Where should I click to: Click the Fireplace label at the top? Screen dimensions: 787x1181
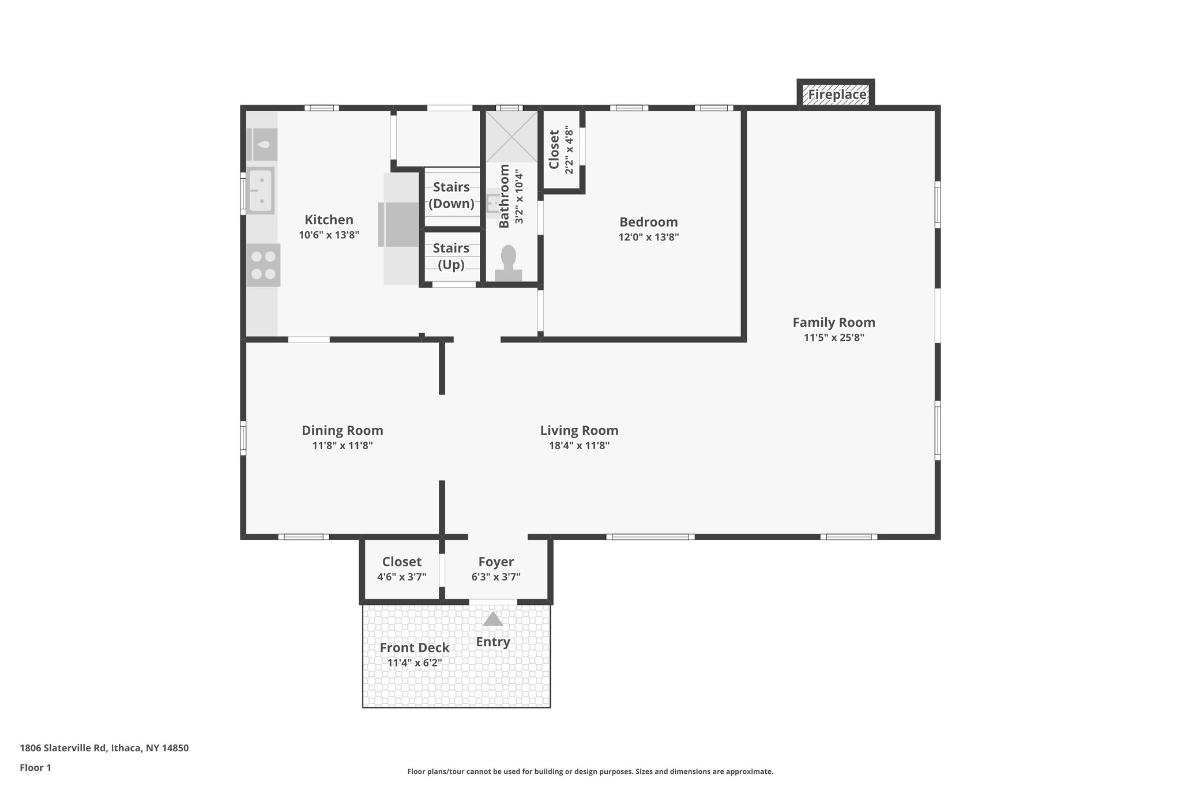point(836,95)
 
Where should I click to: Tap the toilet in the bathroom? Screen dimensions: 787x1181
point(508,263)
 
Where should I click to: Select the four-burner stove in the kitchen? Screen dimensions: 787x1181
point(263,265)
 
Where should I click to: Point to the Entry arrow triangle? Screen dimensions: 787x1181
point(492,619)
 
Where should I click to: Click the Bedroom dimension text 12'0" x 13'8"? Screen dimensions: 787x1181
point(648,237)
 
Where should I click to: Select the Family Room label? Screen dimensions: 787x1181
point(833,322)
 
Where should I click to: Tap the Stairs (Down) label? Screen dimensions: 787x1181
point(451,195)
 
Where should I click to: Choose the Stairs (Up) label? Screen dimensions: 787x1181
point(451,256)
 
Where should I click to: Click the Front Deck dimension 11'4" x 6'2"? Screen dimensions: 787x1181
point(414,663)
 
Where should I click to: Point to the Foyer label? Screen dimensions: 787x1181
point(495,562)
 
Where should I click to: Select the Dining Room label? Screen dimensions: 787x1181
point(342,430)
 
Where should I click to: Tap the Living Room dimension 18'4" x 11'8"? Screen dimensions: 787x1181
point(579,445)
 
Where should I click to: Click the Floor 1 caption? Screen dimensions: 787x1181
point(35,767)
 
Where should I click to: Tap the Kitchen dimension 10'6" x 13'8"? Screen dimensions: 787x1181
point(329,235)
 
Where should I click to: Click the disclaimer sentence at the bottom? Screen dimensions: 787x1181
point(590,771)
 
